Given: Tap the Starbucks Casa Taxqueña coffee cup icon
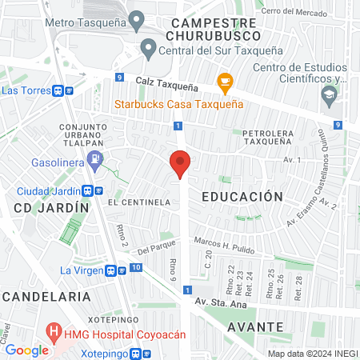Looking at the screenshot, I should (x=225, y=81).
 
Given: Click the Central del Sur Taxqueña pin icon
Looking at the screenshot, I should (x=148, y=48).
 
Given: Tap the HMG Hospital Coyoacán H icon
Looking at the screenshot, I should (x=54, y=330).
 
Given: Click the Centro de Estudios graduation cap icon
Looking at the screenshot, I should (x=328, y=96).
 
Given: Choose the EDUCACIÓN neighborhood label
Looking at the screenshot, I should (x=242, y=196).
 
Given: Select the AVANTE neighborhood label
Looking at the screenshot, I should (x=254, y=326).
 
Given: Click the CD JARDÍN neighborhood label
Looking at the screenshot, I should (x=51, y=207).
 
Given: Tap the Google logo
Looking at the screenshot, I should (x=26, y=350).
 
